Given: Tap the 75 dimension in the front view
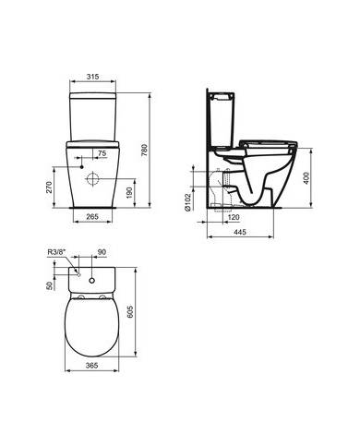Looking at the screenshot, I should [x=102, y=151].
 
